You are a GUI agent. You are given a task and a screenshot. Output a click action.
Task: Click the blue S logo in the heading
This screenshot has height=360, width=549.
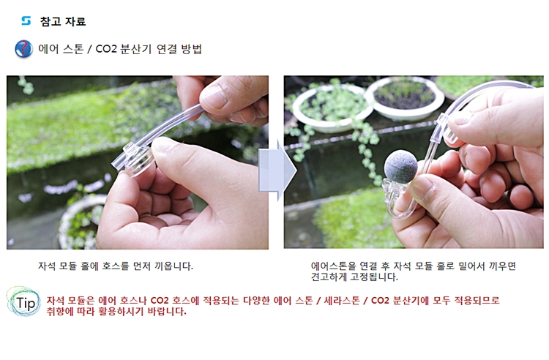pyautogui.click(x=26, y=20)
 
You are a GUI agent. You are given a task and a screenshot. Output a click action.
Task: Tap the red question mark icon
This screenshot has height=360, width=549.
pyautogui.click(x=24, y=48)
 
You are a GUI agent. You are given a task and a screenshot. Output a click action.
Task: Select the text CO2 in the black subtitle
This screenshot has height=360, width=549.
pyautogui.click(x=105, y=49)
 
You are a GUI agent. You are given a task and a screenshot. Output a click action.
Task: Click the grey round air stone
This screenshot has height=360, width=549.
pyautogui.click(x=401, y=167)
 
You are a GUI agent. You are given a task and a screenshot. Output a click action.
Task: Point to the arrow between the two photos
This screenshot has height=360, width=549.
pyautogui.click(x=277, y=170)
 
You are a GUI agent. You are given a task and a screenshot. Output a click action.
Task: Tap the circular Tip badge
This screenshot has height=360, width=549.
pyautogui.click(x=24, y=302)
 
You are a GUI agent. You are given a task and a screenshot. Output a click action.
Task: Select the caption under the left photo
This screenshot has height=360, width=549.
pyautogui.click(x=116, y=266)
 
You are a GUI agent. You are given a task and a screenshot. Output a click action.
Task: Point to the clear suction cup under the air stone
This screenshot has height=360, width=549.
pyautogui.click(x=395, y=189)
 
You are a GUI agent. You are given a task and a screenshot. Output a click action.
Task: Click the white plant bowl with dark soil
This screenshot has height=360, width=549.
pyautogui.click(x=404, y=97)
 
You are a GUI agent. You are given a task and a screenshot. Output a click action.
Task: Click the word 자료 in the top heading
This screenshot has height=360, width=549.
pyautogui.click(x=75, y=21)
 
